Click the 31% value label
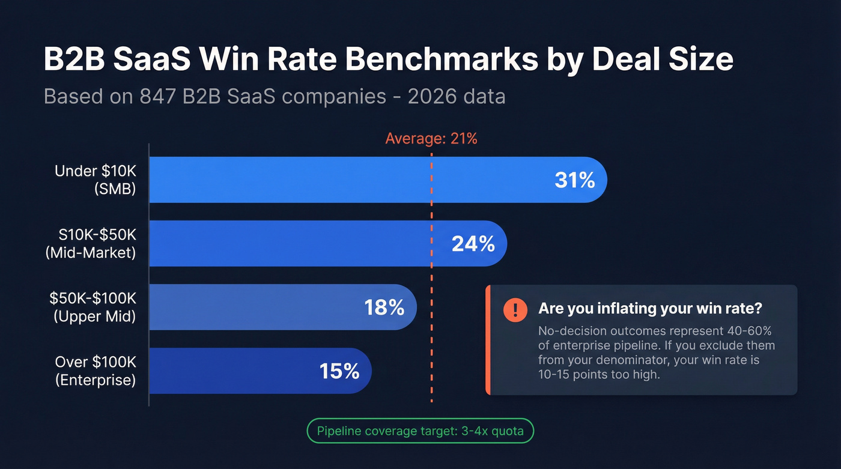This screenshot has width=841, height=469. pyautogui.click(x=574, y=180)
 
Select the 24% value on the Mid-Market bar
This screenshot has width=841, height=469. pyautogui.click(x=473, y=244)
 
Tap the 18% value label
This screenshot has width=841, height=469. pyautogui.click(x=384, y=307)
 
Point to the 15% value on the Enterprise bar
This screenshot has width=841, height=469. pyautogui.click(x=339, y=371)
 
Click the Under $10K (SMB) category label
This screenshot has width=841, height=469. pyautogui.click(x=95, y=180)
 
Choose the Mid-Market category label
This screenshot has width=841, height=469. pyautogui.click(x=91, y=253)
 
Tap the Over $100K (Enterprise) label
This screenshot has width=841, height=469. pyautogui.click(x=95, y=371)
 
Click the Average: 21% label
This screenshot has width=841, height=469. pyautogui.click(x=431, y=139)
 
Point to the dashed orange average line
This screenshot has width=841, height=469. pyautogui.click(x=431, y=276)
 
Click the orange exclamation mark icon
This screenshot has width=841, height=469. pyautogui.click(x=515, y=309)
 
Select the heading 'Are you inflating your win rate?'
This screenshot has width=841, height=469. pyautogui.click(x=650, y=309)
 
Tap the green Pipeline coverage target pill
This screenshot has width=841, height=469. pyautogui.click(x=420, y=431)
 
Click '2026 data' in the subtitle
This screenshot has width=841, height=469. pyautogui.click(x=456, y=96)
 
